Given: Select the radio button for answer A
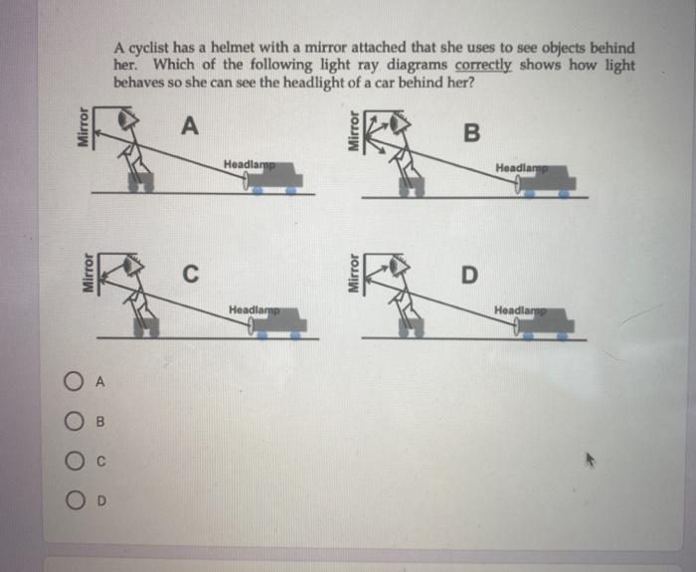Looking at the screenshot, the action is [x=74, y=381].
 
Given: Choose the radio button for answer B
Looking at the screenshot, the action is [x=74, y=421].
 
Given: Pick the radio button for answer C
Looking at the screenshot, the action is [x=75, y=461].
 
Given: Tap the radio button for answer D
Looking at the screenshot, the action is [x=76, y=500].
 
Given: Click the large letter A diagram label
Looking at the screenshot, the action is [x=190, y=125].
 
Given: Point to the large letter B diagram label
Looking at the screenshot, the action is [x=471, y=132].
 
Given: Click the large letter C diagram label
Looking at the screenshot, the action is [x=191, y=274].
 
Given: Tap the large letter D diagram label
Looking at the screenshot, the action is [x=469, y=275].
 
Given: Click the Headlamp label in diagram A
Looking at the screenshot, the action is [x=249, y=164].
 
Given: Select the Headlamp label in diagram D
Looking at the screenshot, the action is [x=520, y=310].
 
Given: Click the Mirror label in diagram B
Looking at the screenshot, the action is [x=353, y=130].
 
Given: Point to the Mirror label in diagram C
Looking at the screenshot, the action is [x=87, y=274].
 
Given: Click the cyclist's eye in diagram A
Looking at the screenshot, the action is [x=124, y=119].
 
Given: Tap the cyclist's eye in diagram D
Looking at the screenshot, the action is [x=394, y=266].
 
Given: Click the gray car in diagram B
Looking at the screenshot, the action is [x=547, y=180].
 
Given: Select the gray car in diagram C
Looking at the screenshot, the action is [x=278, y=321].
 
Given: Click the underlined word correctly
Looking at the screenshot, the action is [x=483, y=65].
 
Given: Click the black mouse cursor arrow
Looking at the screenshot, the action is [x=590, y=460].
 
